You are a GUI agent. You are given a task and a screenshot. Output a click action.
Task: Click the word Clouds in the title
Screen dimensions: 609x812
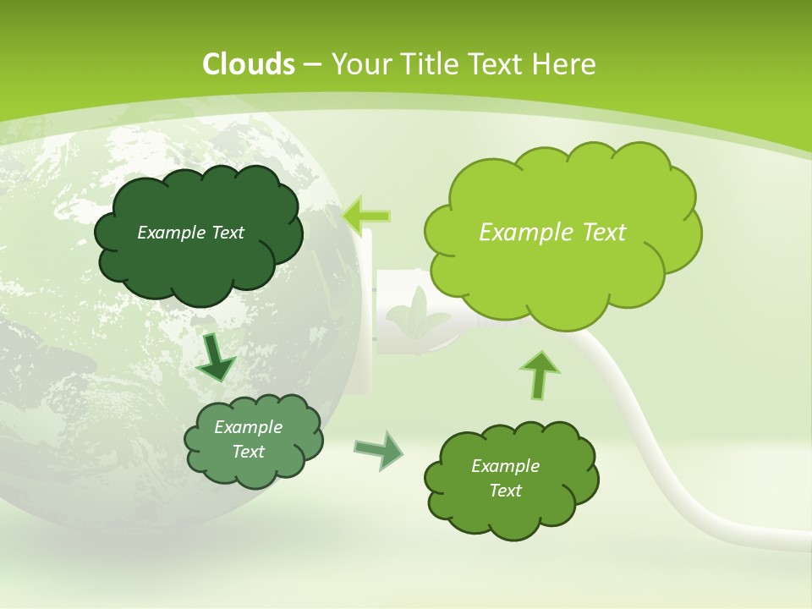(248, 64)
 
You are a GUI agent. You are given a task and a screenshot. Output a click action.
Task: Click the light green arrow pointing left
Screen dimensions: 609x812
(367, 217)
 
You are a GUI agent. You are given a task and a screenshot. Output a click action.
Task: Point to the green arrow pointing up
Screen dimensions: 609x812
(539, 375)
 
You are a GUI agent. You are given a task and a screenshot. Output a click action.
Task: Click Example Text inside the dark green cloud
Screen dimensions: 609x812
(190, 233)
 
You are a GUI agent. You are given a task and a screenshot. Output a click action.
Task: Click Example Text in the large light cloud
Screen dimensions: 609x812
(552, 232)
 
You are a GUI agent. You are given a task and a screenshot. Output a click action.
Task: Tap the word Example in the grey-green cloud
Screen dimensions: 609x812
(248, 427)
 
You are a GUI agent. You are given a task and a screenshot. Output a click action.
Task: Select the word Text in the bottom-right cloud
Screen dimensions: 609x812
(505, 491)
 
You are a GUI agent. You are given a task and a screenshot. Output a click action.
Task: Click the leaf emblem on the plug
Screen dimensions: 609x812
(416, 312)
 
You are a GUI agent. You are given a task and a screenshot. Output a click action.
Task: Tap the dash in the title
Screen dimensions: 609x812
(311, 64)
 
